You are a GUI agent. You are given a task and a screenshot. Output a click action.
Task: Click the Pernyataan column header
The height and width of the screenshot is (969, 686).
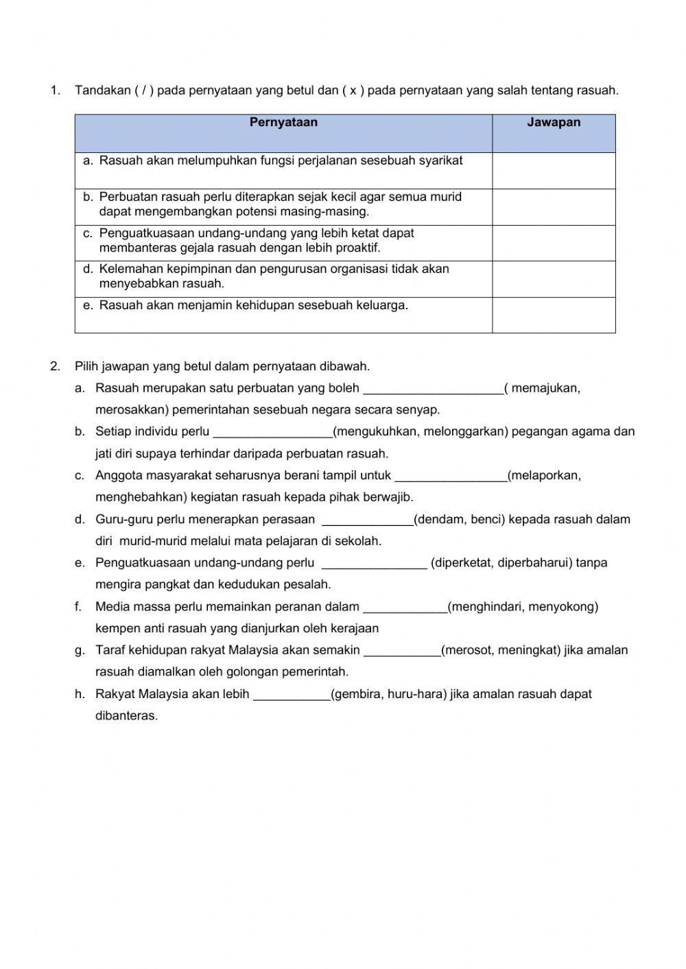tap(283, 123)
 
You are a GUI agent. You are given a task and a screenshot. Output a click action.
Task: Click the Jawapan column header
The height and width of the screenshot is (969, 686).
tap(554, 123)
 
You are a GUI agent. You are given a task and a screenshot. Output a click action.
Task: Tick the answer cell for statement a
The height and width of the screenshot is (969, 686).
tap(554, 170)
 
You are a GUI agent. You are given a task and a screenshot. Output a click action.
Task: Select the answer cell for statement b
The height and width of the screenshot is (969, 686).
tap(554, 206)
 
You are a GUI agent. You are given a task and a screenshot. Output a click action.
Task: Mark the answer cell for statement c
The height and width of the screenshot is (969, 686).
tap(554, 243)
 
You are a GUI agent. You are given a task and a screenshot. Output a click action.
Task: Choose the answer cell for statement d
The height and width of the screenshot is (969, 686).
tap(554, 279)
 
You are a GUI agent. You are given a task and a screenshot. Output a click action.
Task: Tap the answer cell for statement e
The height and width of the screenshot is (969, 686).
tap(554, 315)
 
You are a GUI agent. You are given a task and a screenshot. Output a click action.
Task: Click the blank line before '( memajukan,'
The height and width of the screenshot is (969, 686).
tap(433, 389)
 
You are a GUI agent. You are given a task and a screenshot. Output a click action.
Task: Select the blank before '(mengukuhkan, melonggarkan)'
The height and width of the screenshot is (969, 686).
tap(272, 433)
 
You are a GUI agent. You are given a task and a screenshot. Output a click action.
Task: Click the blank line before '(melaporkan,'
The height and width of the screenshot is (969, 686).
tap(451, 477)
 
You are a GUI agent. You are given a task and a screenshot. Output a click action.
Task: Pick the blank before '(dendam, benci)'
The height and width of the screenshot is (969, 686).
tap(367, 521)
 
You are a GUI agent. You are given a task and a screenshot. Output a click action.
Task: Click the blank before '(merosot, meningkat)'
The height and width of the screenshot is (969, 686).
tap(402, 651)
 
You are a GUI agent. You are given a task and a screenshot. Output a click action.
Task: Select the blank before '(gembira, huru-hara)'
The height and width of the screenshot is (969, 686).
tap(292, 695)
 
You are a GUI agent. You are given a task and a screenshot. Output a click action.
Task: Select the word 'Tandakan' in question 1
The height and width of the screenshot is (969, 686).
tap(103, 91)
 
